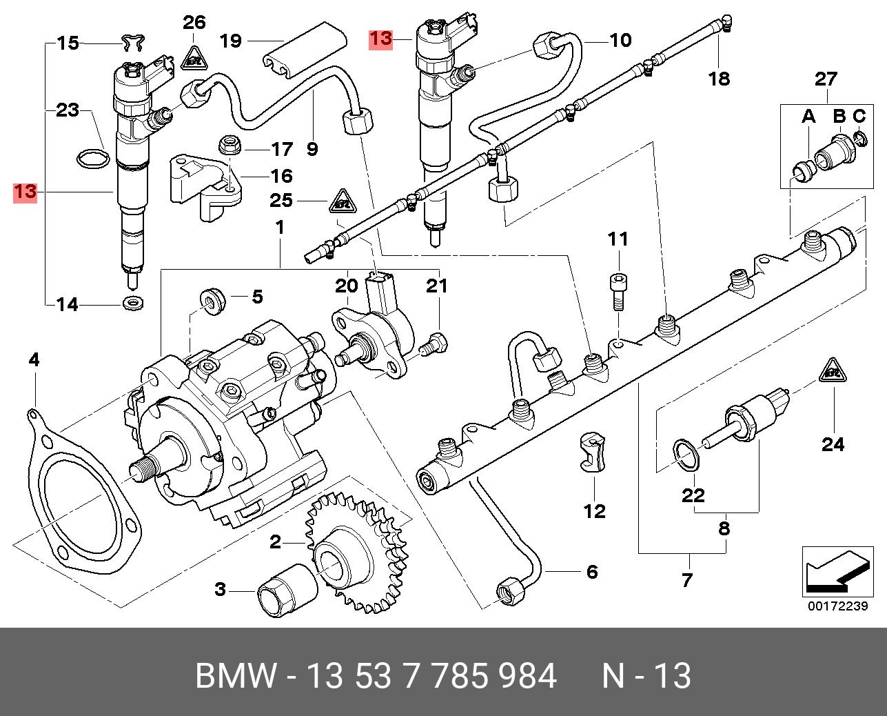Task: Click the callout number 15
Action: [x=68, y=43]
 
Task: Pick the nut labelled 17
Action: [x=229, y=146]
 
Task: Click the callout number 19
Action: [x=230, y=41]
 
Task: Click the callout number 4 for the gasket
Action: [x=34, y=359]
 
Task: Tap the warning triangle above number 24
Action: [x=832, y=372]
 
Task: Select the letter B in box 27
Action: [x=839, y=116]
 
